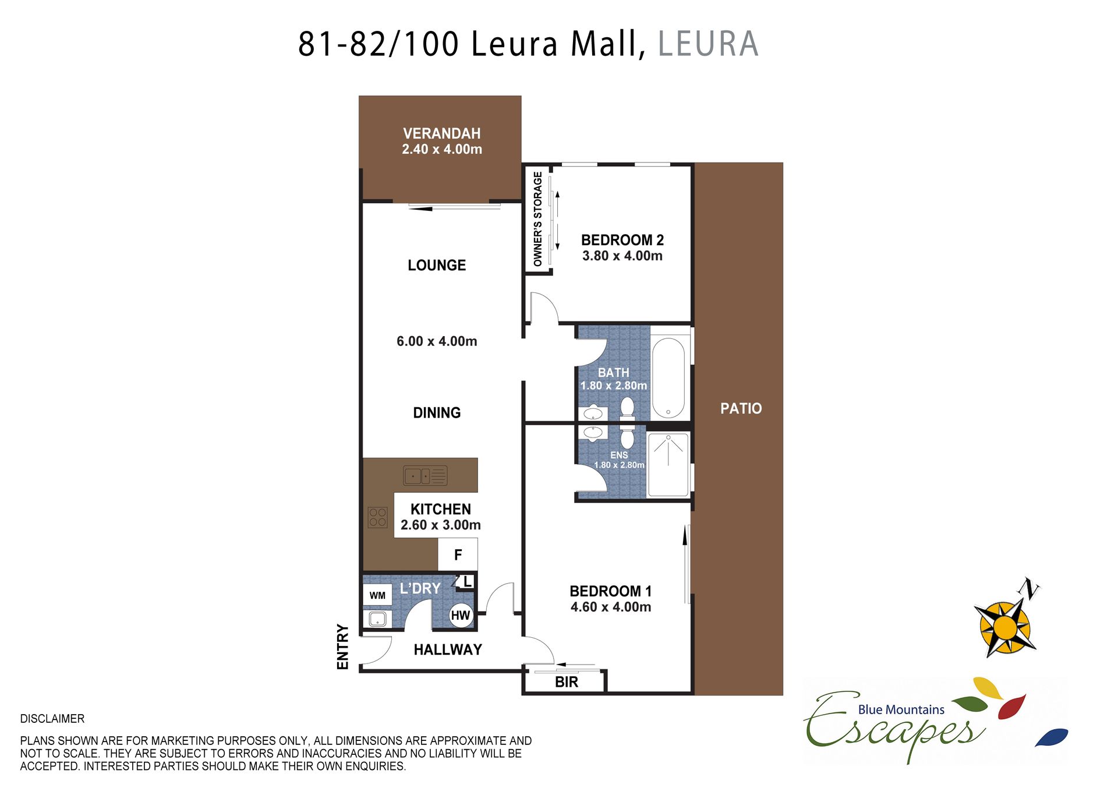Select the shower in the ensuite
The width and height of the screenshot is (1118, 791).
[668, 465]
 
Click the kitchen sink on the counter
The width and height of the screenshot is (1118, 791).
[425, 475]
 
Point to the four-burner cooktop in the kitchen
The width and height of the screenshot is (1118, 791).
[377, 517]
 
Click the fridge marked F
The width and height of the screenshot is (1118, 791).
[458, 555]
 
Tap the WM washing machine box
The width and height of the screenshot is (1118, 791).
[377, 595]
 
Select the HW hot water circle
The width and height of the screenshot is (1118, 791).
[461, 615]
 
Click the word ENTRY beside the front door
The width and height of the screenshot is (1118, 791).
[343, 647]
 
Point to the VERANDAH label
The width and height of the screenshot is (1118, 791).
[442, 133]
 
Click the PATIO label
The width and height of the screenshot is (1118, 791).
[741, 408]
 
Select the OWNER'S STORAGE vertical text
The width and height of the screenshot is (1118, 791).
[537, 219]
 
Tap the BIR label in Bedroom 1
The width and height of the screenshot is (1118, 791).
[567, 682]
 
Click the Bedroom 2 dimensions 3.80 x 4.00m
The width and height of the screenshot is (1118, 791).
[622, 256]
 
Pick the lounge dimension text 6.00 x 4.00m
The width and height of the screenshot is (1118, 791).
[437, 341]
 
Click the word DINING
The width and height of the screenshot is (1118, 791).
[437, 413]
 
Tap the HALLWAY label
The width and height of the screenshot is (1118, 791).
[448, 649]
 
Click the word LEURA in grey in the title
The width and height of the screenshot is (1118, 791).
[708, 44]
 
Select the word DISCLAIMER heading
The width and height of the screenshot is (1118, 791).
[52, 719]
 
